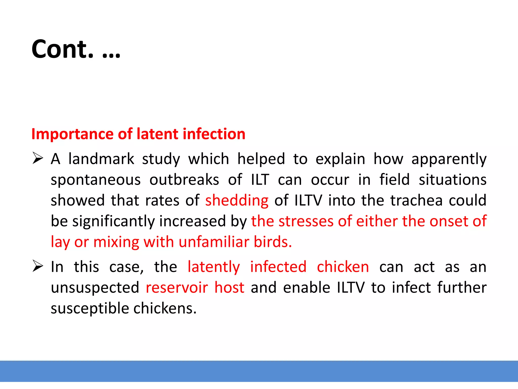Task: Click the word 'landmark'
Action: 101,159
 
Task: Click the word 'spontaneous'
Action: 96,180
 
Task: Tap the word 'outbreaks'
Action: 184,180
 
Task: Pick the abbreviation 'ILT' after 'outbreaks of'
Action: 260,180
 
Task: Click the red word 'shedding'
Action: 237,201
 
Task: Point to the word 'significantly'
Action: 114,222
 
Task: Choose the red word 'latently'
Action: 214,267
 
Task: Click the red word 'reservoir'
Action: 177,288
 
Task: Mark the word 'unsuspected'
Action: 95,288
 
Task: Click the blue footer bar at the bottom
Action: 259,371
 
